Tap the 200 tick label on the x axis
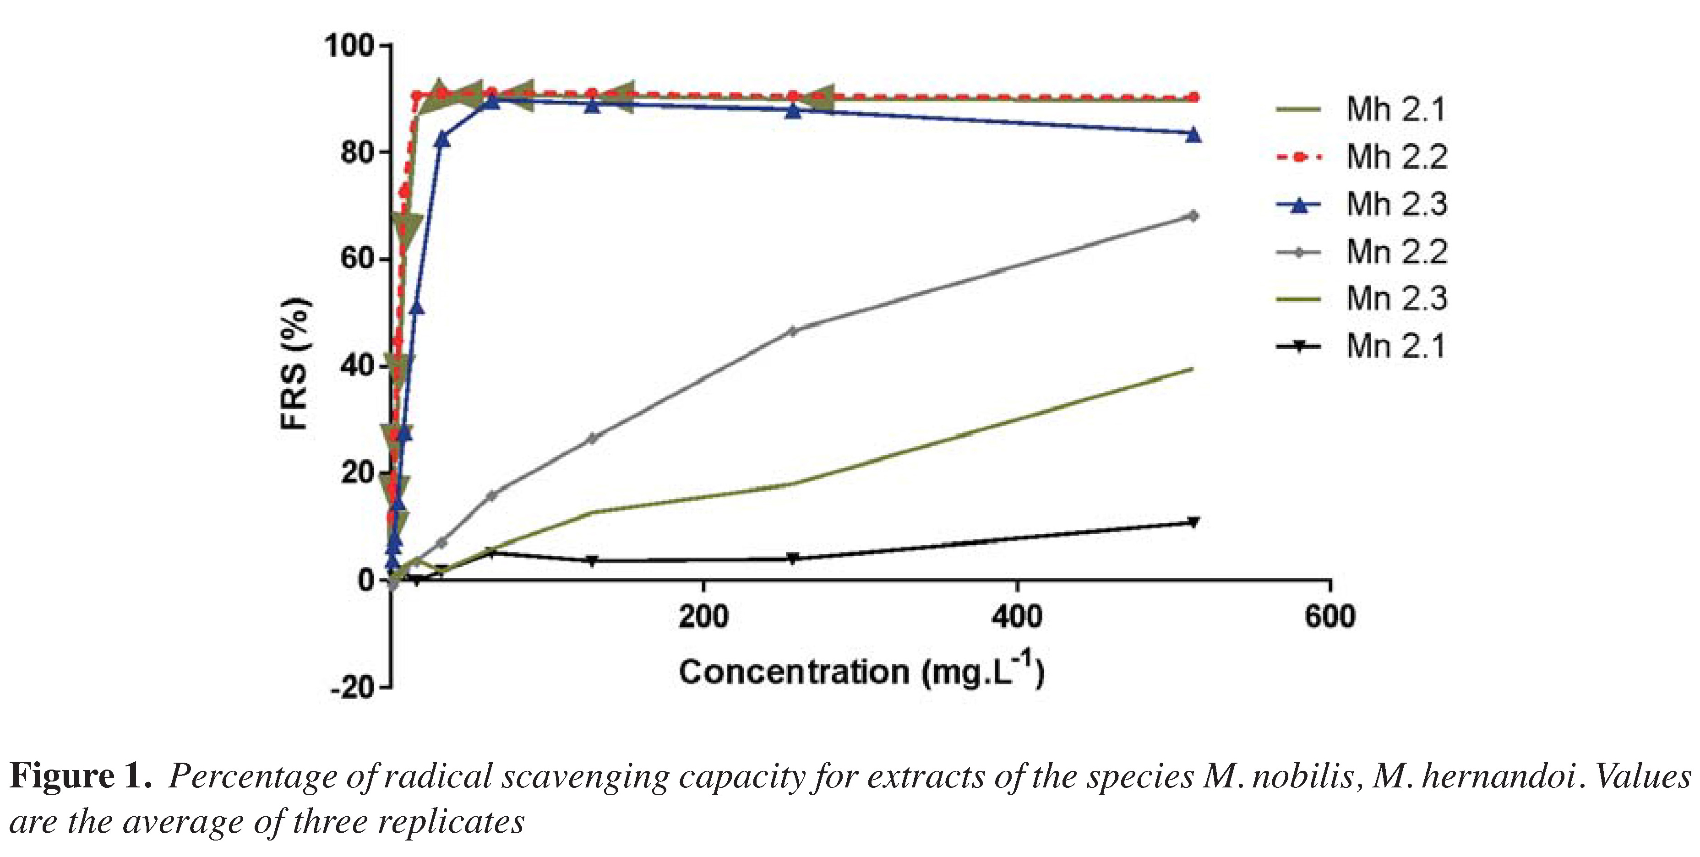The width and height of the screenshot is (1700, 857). coord(703,616)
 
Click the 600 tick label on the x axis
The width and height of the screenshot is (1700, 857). coord(1329,616)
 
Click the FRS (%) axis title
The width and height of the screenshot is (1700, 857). coord(294,363)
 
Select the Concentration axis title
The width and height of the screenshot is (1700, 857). coord(861,672)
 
